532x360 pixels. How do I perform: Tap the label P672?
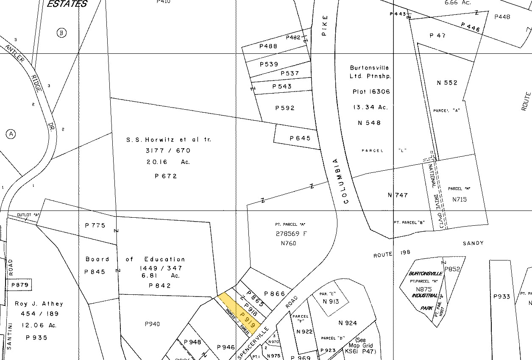pyautogui.click(x=166, y=176)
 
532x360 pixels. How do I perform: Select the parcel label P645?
pyautogui.click(x=300, y=138)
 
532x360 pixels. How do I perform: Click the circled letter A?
pyautogui.click(x=11, y=134)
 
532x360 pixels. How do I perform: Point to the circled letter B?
pyautogui.click(x=62, y=33)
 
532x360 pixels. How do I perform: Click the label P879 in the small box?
pyautogui.click(x=20, y=285)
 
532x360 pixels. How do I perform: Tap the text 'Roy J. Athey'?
pyautogui.click(x=39, y=304)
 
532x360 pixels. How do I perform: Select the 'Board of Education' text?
pyautogui.click(x=135, y=259)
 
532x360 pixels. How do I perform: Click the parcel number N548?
pyautogui.click(x=369, y=123)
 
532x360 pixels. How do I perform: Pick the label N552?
pyautogui.click(x=447, y=83)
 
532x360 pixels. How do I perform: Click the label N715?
pyautogui.click(x=460, y=199)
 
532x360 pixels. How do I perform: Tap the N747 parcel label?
pyautogui.click(x=398, y=195)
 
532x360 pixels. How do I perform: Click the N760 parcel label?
pyautogui.click(x=288, y=244)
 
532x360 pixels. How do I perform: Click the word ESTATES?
pyautogui.click(x=67, y=4)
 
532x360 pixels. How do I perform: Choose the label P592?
pyautogui.click(x=285, y=108)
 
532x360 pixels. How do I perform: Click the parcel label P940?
pyautogui.click(x=152, y=324)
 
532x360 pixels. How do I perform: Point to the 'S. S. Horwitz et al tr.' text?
pyautogui.click(x=168, y=140)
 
